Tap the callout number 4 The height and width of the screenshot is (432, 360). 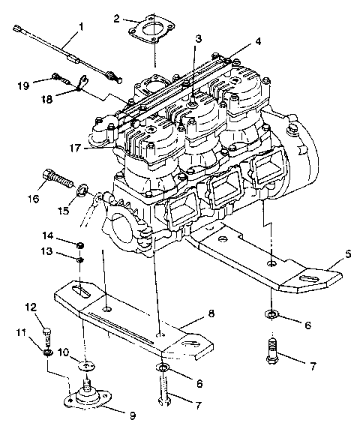pos(198,38)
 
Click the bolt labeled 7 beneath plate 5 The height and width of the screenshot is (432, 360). pos(271,349)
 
